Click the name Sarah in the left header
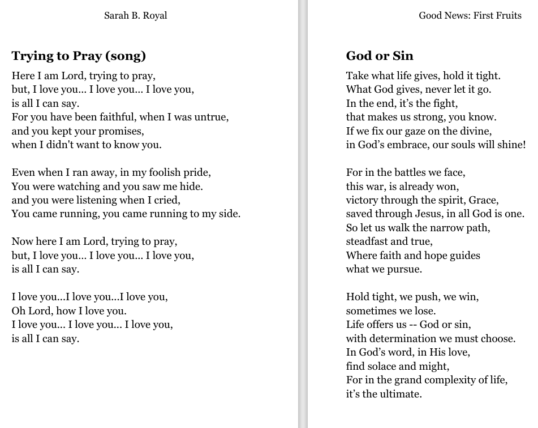116,15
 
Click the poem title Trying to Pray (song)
79,55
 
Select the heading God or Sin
380,55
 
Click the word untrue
210,117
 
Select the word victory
363,200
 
